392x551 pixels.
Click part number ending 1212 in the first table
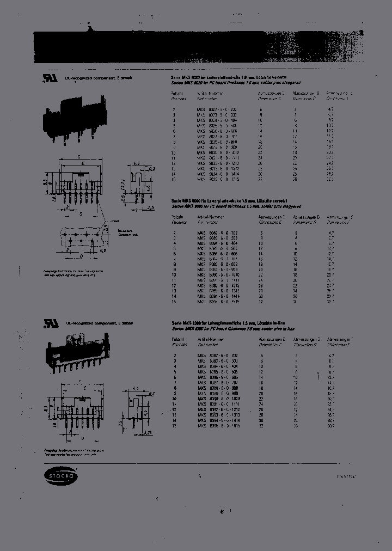click(218, 163)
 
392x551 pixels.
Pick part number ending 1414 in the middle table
click(218, 296)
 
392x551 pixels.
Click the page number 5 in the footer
click(200, 476)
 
